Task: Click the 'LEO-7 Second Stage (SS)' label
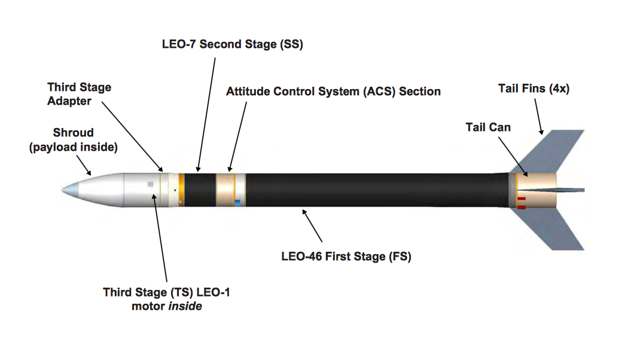[233, 45]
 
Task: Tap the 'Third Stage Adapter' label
[79, 94]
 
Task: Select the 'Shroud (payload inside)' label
[72, 139]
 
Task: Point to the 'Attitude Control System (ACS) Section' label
[333, 91]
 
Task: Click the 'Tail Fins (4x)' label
[533, 89]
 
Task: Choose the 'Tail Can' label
[488, 127]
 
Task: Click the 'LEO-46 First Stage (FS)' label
[346, 257]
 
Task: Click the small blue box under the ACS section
[237, 203]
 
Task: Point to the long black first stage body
[377, 190]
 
